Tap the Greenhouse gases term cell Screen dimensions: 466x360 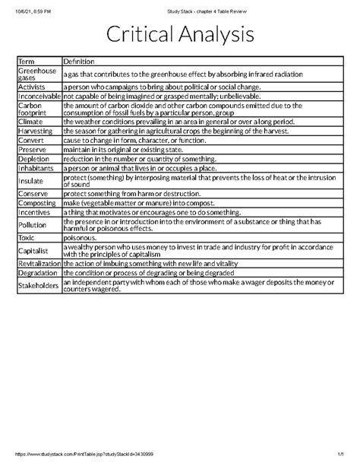pyautogui.click(x=32, y=74)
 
